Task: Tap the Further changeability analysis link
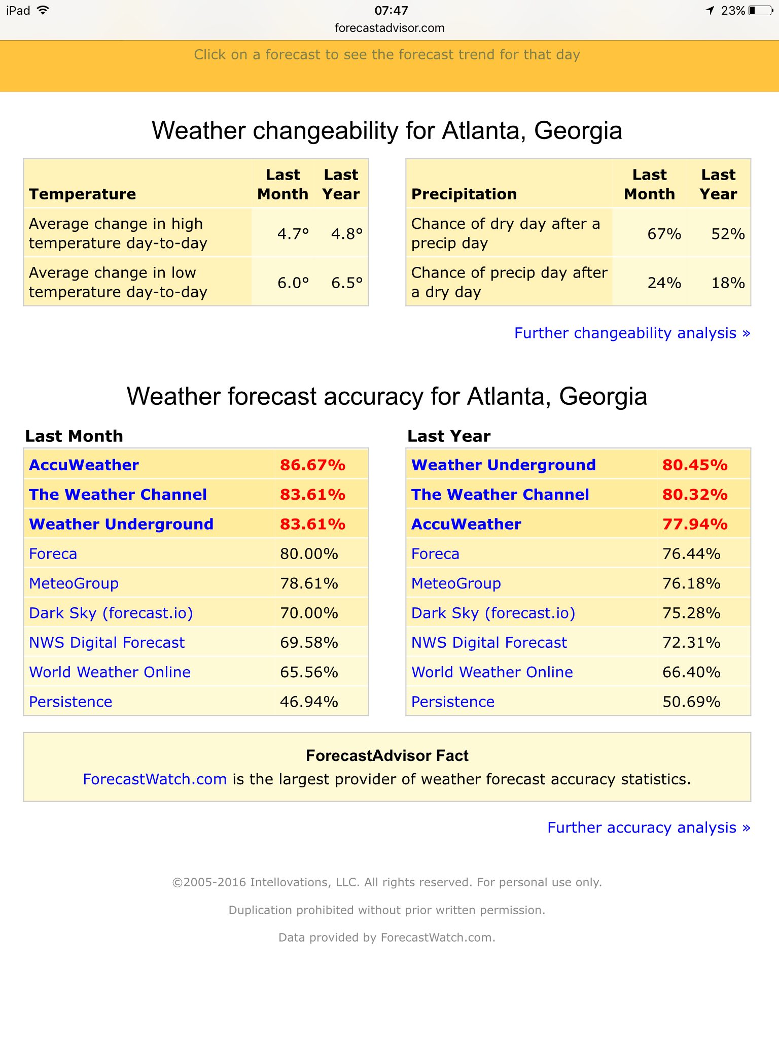pos(632,333)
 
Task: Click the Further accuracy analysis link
pos(649,827)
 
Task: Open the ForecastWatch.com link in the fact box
pos(155,779)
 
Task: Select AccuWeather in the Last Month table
pos(84,465)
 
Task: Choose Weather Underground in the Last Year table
pos(503,465)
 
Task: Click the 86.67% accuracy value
pos(312,465)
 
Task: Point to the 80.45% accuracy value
pos(695,465)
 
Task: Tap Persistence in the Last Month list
pos(70,702)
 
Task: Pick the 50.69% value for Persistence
pos(691,702)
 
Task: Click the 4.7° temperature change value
pos(293,234)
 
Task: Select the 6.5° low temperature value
pos(347,283)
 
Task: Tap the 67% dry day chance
pos(664,234)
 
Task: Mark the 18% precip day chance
pos(728,283)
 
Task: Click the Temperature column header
pos(83,194)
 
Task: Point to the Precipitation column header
pos(464,194)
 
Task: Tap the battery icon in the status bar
pos(760,11)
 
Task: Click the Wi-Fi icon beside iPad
pos(43,10)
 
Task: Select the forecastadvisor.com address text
pos(389,28)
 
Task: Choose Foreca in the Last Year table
pos(435,553)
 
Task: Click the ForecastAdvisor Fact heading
pos(387,755)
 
